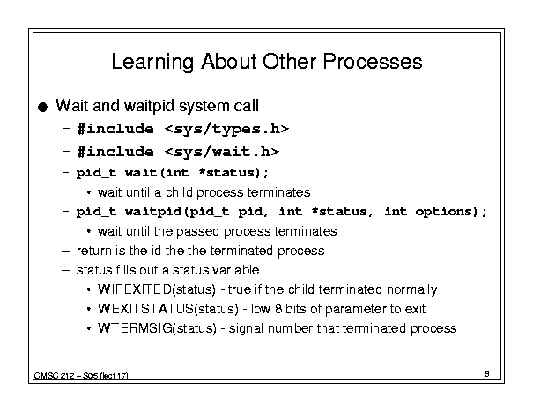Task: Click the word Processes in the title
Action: tap(372, 62)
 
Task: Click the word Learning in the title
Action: tap(152, 63)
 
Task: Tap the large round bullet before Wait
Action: tap(43, 108)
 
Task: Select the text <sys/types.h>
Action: tap(226, 130)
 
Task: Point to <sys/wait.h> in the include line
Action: tap(222, 152)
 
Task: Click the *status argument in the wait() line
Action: tap(226, 173)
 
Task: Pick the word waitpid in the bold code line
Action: tap(154, 212)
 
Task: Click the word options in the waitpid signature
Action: tap(444, 212)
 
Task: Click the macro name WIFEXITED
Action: tap(135, 289)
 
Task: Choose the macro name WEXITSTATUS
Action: tap(146, 309)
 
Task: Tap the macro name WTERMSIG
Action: tap(135, 328)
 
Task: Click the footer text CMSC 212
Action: tap(55, 376)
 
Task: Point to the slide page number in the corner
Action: tap(487, 374)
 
